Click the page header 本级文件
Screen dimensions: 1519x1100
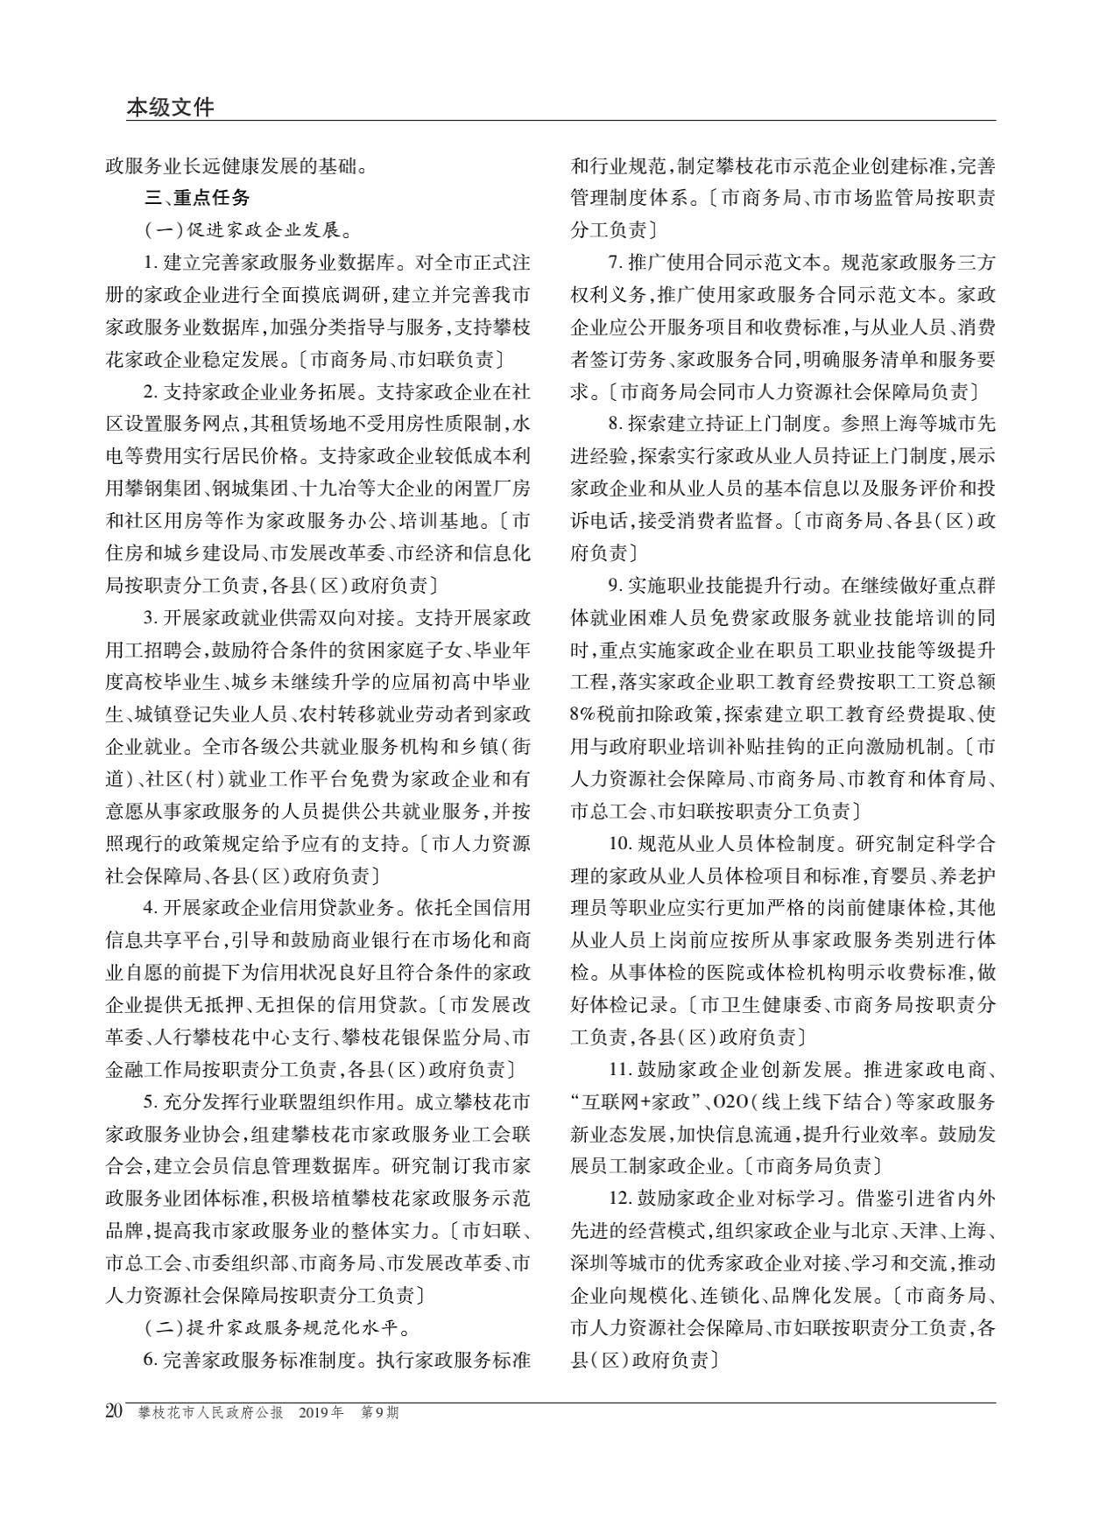[x=170, y=107]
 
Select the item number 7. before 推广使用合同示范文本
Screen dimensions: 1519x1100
[x=616, y=263]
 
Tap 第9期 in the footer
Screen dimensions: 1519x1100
[x=380, y=1412]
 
